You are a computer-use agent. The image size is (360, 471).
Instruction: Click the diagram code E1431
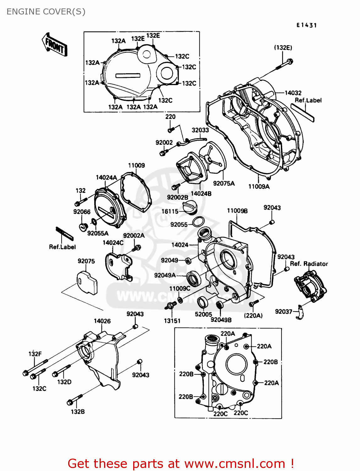(x=307, y=25)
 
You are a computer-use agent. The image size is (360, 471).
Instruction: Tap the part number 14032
(x=293, y=93)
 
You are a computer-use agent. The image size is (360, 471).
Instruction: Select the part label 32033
(x=200, y=130)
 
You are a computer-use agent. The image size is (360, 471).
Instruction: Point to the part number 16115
(x=170, y=211)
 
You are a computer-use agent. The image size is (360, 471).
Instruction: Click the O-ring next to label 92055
(x=198, y=222)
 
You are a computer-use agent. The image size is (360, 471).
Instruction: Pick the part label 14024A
(x=106, y=178)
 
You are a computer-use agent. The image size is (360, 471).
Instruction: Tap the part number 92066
(x=82, y=212)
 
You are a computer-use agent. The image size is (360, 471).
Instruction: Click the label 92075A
(x=224, y=183)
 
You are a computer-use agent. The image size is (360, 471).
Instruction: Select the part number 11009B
(x=237, y=211)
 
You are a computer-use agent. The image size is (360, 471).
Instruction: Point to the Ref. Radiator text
(x=309, y=264)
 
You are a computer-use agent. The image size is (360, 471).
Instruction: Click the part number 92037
(x=283, y=311)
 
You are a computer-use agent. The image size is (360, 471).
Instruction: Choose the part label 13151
(x=172, y=321)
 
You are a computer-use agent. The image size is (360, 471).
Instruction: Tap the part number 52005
(x=204, y=314)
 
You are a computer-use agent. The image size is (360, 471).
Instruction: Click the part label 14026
(x=102, y=321)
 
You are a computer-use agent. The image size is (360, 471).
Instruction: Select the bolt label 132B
(x=78, y=412)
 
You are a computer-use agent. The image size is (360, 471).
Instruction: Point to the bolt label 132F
(x=35, y=354)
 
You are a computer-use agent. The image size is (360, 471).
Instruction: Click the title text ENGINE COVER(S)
(x=46, y=12)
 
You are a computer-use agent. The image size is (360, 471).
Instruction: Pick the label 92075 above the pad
(x=86, y=261)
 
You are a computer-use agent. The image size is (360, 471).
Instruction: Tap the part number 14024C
(x=113, y=243)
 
